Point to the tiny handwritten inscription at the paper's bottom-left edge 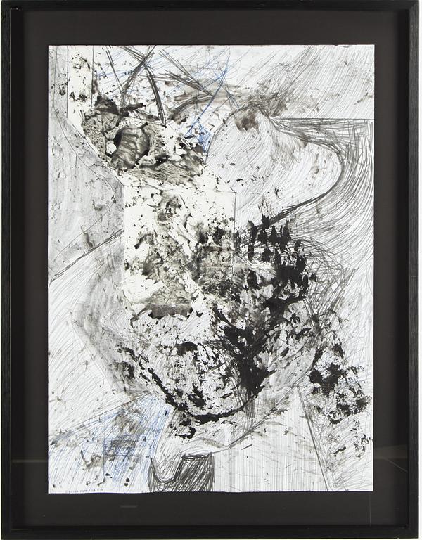coord(77,485)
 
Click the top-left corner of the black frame coord(2,2)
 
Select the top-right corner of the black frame coord(419,2)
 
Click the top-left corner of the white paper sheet coord(49,46)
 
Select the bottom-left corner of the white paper coord(49,491)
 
